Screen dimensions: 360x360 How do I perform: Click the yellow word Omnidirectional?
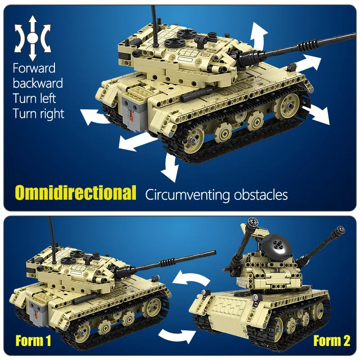point(76,193)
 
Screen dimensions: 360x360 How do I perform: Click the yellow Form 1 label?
point(33,341)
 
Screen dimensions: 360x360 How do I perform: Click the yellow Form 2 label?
point(332,341)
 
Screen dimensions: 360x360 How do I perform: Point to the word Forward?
point(34,68)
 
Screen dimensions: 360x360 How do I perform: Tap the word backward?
point(38,83)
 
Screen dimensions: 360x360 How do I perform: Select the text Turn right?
point(39,113)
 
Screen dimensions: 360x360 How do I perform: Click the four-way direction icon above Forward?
point(32,38)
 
